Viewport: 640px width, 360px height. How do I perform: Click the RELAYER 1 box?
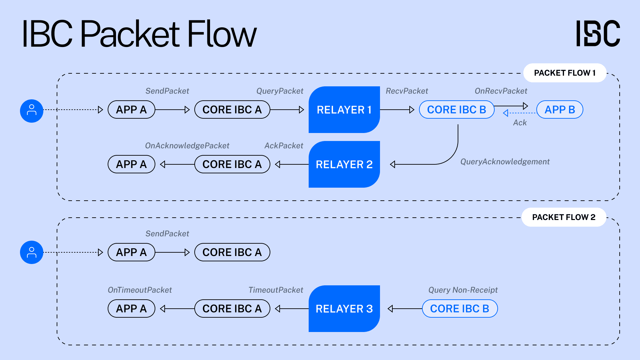point(344,110)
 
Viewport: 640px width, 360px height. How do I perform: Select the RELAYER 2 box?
point(344,164)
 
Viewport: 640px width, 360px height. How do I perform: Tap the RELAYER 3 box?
point(344,309)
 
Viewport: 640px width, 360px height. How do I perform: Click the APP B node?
point(560,110)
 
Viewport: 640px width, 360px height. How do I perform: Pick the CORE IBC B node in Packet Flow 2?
point(460,309)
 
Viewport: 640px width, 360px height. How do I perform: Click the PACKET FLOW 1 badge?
point(565,73)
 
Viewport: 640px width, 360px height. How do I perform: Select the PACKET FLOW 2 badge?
point(564,217)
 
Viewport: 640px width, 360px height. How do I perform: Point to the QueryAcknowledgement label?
point(505,162)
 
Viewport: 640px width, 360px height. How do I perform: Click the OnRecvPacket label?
point(501,91)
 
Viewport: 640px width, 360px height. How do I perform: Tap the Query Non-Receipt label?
point(463,290)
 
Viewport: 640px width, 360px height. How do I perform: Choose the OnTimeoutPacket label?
point(140,290)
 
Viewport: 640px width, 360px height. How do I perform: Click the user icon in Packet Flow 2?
point(32,252)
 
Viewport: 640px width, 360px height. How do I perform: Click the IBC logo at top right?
point(598,33)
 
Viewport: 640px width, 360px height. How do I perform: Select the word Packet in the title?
point(130,34)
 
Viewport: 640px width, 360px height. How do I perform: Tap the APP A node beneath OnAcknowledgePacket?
point(131,164)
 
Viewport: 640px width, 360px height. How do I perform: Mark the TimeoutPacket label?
point(276,290)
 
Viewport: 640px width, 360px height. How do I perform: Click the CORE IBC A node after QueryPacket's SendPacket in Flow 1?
point(232,110)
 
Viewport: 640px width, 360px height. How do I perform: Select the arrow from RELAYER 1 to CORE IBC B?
point(397,110)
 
